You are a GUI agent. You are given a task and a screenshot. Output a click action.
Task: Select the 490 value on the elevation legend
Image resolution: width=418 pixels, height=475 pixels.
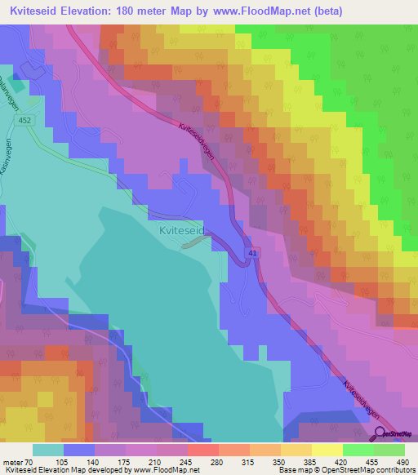tap(403, 462)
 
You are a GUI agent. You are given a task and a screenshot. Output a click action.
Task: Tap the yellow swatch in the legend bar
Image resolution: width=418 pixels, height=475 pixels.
tap(327, 450)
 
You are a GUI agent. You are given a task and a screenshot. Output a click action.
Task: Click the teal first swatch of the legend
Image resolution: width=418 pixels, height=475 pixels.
tap(47, 450)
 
